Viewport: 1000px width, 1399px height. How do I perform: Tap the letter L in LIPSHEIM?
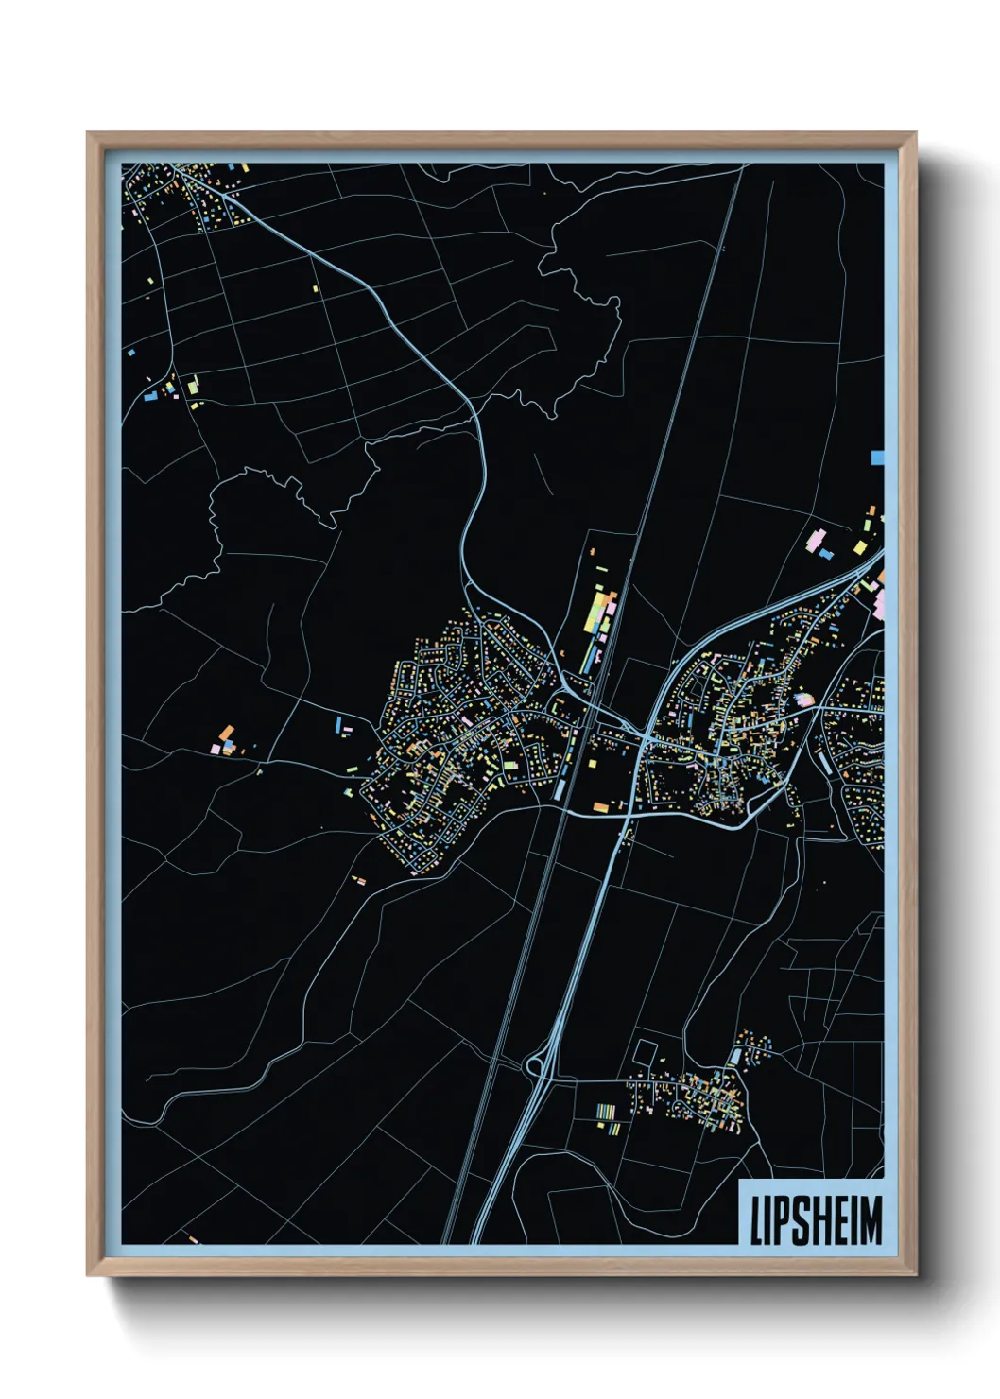coord(756,1219)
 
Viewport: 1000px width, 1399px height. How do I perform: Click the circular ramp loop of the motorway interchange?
coord(536,1066)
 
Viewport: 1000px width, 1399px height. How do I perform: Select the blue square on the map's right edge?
coord(877,458)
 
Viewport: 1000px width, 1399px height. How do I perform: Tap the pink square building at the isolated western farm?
coord(216,749)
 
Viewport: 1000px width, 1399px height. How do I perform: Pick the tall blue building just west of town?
coord(338,724)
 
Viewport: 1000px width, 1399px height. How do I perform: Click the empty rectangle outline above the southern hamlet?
coord(645,1051)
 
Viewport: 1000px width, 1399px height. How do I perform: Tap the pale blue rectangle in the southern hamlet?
coord(734,1056)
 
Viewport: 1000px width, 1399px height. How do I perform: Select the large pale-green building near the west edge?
coord(193,386)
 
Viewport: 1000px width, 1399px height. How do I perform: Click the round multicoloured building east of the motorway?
coord(804,699)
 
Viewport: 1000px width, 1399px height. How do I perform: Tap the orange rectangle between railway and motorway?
coord(600,806)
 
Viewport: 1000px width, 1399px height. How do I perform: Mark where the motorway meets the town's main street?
coord(644,737)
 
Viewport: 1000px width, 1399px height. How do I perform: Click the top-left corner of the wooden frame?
coord(88,133)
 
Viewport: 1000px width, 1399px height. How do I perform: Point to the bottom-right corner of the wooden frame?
coord(915,1275)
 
